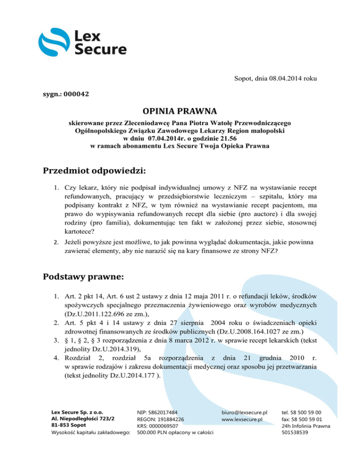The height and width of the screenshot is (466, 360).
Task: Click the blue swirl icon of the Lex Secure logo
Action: pos(53,43)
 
